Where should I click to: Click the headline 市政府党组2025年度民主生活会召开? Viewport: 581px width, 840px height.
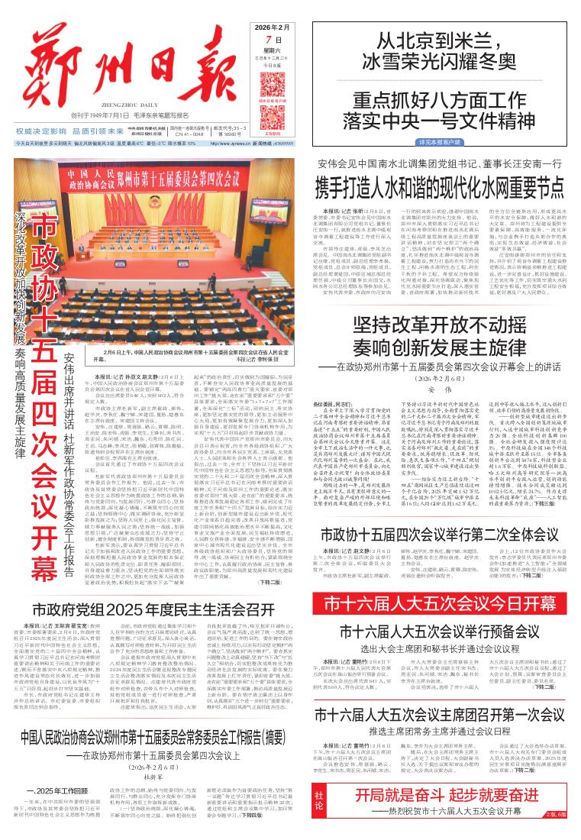point(154,611)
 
